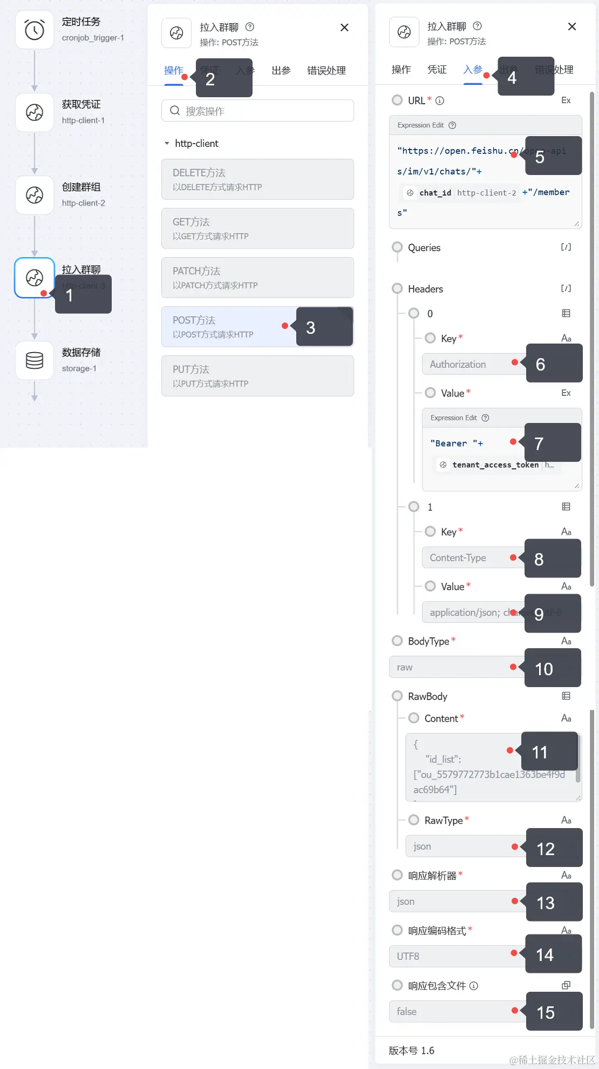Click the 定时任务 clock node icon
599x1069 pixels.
click(x=35, y=30)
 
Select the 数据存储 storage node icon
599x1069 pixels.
click(x=35, y=360)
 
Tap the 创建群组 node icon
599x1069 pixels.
click(x=35, y=194)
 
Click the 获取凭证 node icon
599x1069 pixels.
click(x=35, y=112)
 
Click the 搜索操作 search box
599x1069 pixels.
click(x=257, y=111)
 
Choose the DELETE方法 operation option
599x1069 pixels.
click(x=257, y=179)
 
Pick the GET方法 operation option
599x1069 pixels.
click(x=257, y=228)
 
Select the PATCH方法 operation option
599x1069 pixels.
click(x=257, y=278)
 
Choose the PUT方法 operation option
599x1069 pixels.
click(x=257, y=376)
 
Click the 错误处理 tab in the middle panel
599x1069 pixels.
click(x=326, y=71)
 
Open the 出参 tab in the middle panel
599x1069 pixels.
click(x=281, y=71)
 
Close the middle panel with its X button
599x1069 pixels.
click(x=344, y=28)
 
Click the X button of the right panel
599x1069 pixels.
click(x=572, y=26)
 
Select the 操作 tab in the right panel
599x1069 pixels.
click(x=401, y=70)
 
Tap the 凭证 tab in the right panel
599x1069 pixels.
click(x=437, y=70)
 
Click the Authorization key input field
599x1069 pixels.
click(x=467, y=365)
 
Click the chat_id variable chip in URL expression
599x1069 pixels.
click(x=435, y=193)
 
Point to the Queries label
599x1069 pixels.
click(x=424, y=248)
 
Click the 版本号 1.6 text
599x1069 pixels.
click(x=411, y=1051)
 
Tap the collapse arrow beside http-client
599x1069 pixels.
click(x=167, y=144)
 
